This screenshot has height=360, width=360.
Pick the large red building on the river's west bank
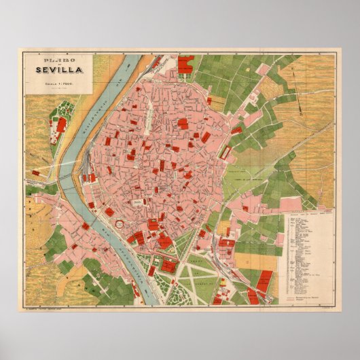62,124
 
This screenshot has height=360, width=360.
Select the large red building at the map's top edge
185,65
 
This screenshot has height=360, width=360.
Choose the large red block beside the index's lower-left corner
264,280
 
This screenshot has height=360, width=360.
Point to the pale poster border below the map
180,323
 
